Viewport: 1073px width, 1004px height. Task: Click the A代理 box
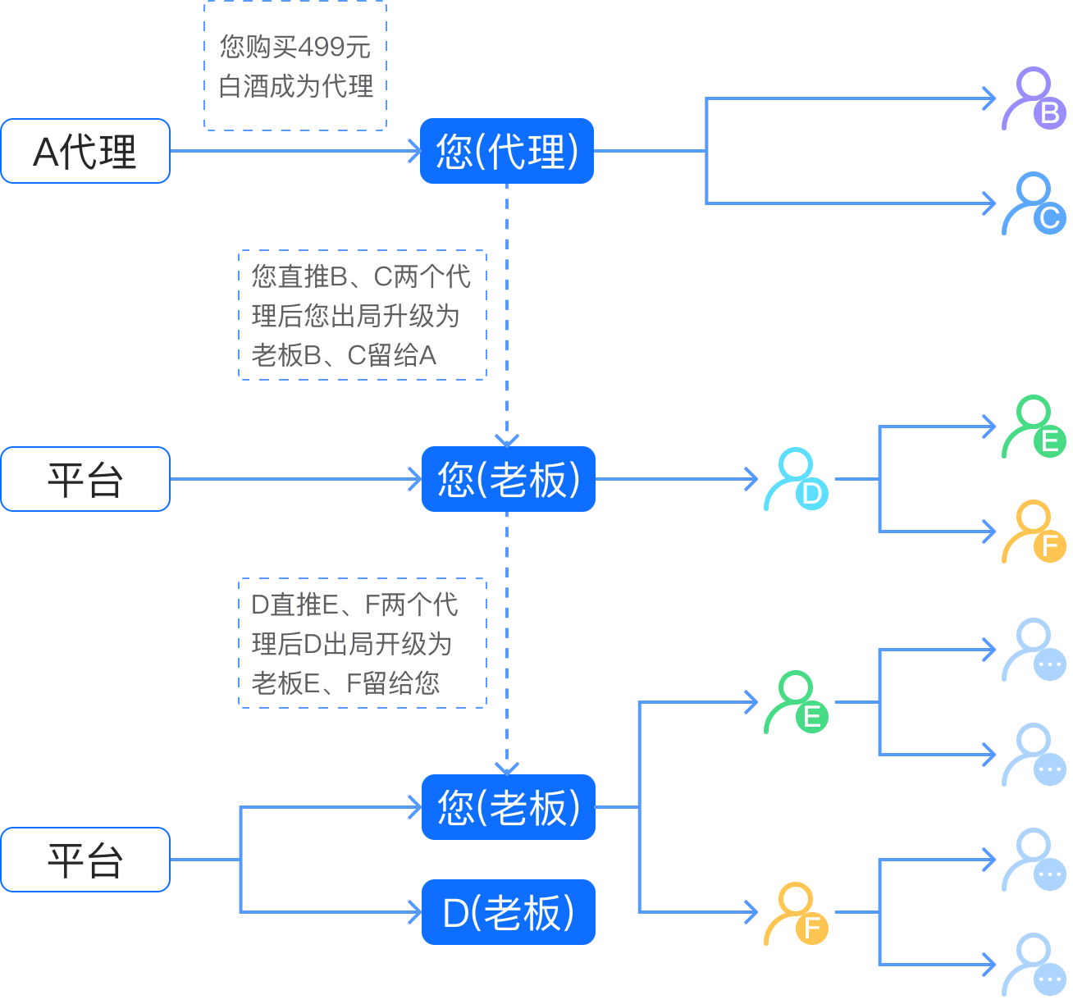(x=85, y=151)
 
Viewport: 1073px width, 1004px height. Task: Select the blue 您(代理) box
(x=506, y=151)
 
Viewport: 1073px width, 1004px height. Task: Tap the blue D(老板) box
(x=508, y=912)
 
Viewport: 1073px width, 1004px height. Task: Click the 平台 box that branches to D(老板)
(x=85, y=859)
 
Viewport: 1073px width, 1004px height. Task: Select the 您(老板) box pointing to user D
(x=508, y=479)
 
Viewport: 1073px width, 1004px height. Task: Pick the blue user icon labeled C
(x=1033, y=203)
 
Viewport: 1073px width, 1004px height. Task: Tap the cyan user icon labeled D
(x=795, y=479)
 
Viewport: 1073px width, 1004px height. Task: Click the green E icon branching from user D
(x=1033, y=427)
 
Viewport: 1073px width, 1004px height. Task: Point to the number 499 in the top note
(x=322, y=47)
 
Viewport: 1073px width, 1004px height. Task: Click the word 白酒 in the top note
(x=244, y=86)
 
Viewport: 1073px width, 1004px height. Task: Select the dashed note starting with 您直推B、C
(x=363, y=315)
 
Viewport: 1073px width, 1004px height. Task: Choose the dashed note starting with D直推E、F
(x=363, y=643)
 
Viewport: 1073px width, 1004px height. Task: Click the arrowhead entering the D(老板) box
(x=416, y=912)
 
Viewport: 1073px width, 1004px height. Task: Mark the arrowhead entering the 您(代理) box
(x=415, y=151)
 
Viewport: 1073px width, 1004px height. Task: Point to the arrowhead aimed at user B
(x=989, y=98)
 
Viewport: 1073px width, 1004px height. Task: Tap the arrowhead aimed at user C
(x=989, y=203)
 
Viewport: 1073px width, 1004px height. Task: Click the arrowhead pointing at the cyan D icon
(x=751, y=479)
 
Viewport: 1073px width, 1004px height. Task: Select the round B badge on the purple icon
(x=1050, y=113)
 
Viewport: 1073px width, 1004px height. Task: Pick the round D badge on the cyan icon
(x=812, y=494)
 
